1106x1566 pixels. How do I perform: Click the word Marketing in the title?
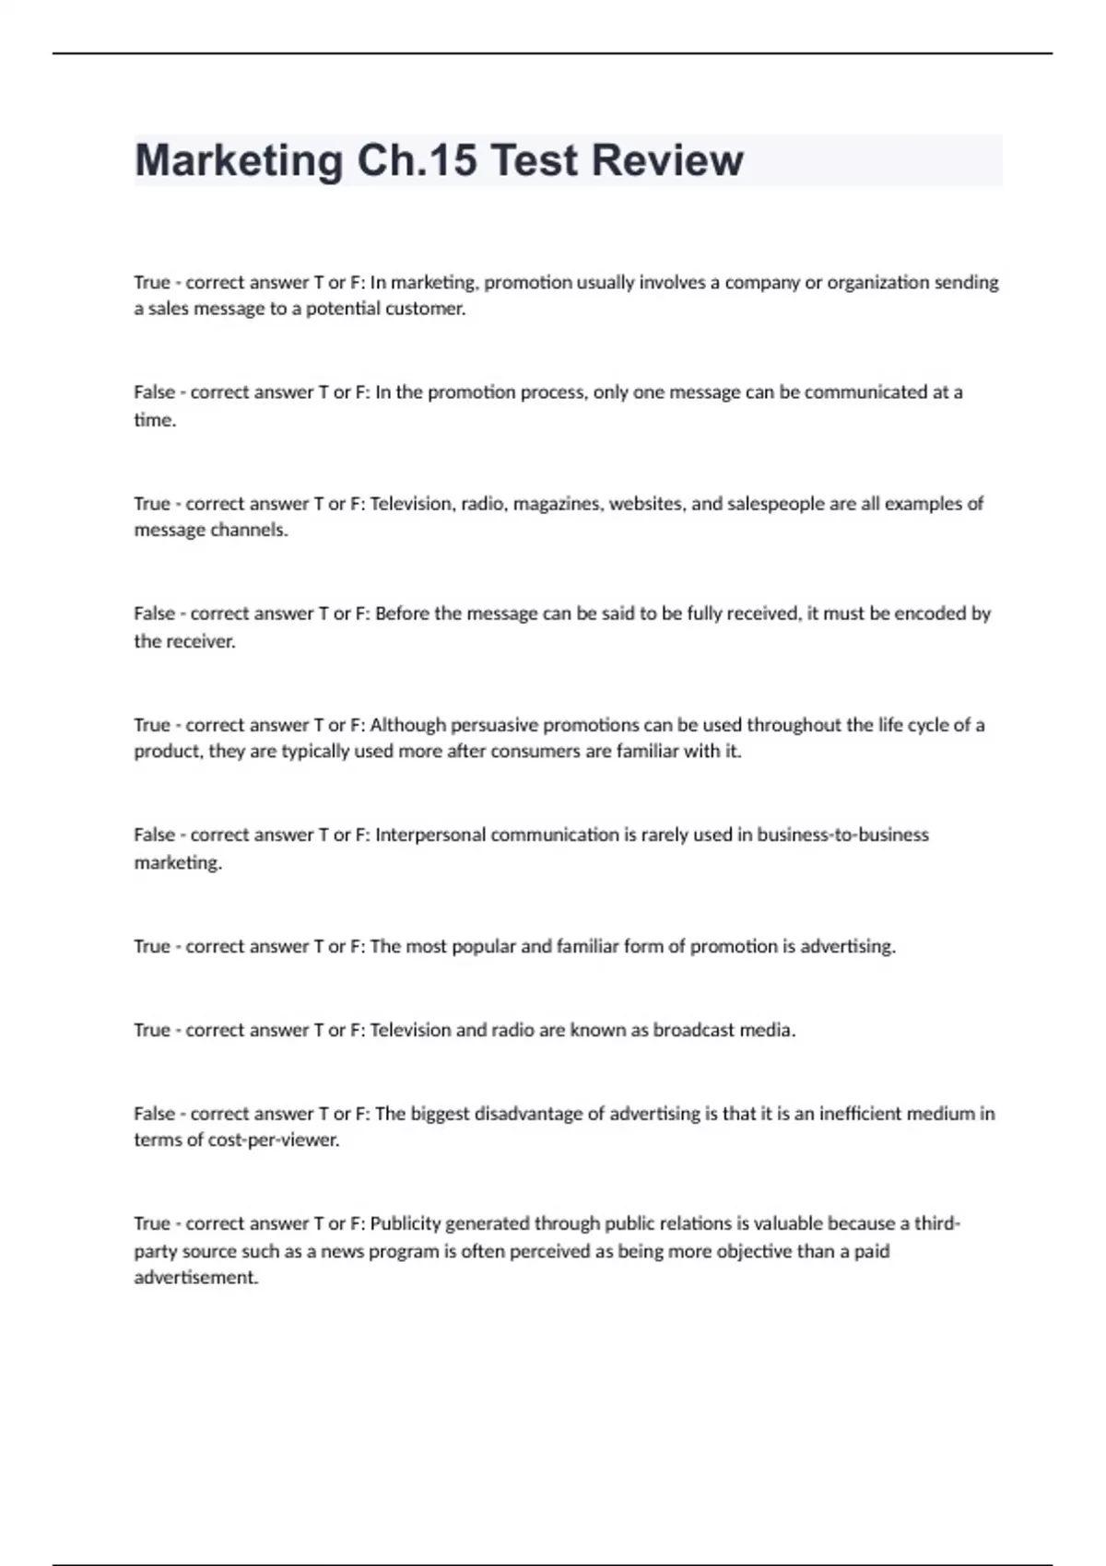tap(239, 161)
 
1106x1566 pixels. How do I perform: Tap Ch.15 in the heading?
tap(417, 161)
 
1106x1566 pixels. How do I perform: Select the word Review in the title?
tap(666, 161)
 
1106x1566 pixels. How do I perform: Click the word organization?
tap(877, 282)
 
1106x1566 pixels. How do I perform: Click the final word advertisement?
tap(195, 1278)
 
